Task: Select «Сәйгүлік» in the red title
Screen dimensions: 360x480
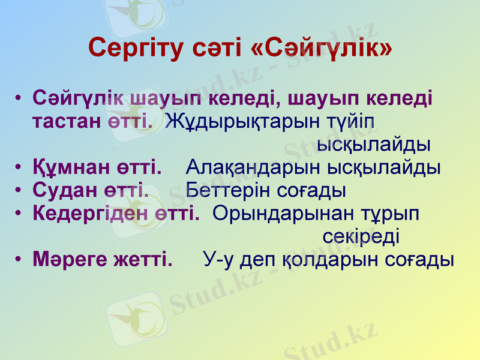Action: point(322,47)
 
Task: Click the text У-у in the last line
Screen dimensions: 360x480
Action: point(218,259)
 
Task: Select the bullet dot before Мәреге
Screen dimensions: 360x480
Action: point(20,259)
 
